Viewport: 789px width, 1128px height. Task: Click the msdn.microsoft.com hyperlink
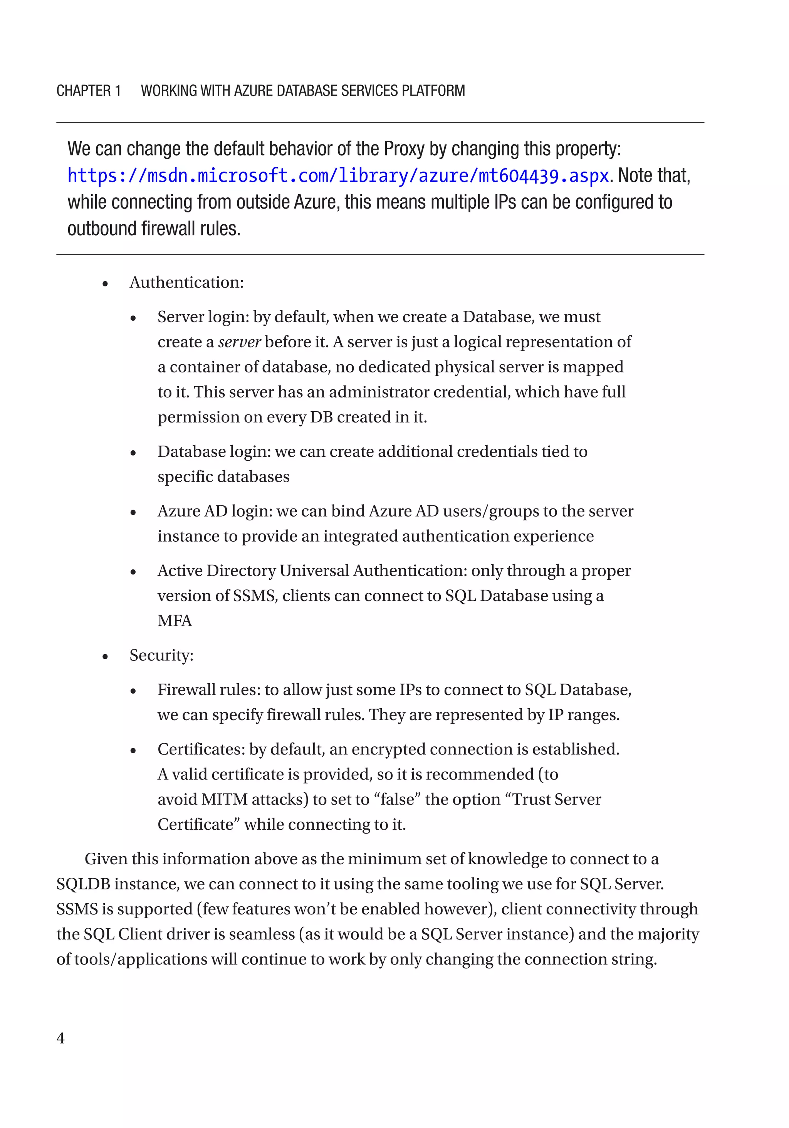[338, 176]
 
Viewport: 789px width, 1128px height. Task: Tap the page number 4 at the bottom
[60, 1038]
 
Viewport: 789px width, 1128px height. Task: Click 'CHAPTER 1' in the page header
[88, 91]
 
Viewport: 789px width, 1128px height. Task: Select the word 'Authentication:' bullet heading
[186, 283]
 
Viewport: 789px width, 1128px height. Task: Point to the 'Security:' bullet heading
[161, 655]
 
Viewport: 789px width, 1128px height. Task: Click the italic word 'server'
[239, 342]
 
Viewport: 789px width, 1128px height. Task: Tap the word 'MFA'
[175, 621]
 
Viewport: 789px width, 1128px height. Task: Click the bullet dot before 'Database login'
[133, 453]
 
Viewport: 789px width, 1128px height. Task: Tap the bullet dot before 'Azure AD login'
[133, 512]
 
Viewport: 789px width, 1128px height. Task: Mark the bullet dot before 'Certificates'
[133, 751]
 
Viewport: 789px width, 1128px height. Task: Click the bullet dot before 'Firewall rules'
[133, 691]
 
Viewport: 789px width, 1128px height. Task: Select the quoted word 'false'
[398, 799]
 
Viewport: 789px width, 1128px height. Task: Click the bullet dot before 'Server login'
[133, 318]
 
